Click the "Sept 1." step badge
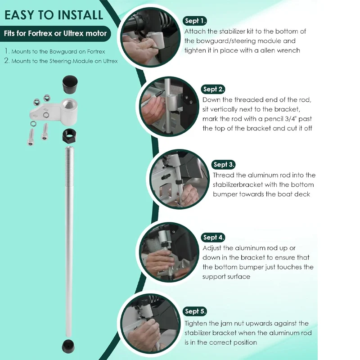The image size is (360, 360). [x=195, y=21]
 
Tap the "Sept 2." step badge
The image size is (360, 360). [x=213, y=89]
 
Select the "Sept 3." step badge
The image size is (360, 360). [x=223, y=164]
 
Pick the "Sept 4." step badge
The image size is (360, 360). [x=213, y=238]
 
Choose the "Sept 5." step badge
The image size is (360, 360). [x=195, y=311]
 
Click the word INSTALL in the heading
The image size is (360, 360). [x=80, y=15]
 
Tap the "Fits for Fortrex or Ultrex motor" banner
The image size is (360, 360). [x=55, y=33]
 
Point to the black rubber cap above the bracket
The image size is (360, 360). [x=70, y=84]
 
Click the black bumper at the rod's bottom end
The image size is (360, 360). [x=68, y=346]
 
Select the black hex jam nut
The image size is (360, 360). [x=70, y=135]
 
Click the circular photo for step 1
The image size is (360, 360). [x=150, y=37]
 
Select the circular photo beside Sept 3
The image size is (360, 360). [x=179, y=179]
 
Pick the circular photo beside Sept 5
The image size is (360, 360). [x=150, y=324]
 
